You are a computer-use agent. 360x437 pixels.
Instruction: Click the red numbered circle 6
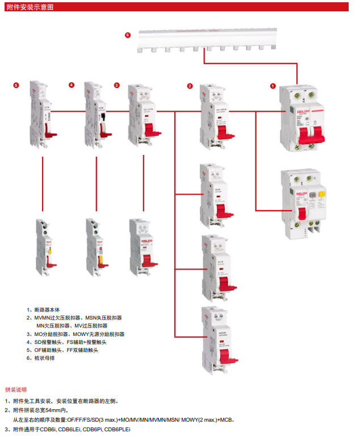[128, 35]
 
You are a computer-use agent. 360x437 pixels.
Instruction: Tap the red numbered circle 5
[16, 85]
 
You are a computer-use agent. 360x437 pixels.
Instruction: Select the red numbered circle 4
[72, 85]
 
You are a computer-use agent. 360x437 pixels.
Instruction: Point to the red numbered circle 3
[117, 85]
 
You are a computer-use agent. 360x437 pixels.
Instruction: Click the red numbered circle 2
[190, 86]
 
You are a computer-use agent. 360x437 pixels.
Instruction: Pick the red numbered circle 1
[273, 86]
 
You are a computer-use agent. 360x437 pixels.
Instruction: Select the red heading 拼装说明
[16, 389]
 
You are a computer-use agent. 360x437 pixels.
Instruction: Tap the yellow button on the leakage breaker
[321, 195]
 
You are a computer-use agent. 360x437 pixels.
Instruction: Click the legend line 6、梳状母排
[42, 359]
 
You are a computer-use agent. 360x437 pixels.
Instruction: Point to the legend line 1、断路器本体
[43, 310]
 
